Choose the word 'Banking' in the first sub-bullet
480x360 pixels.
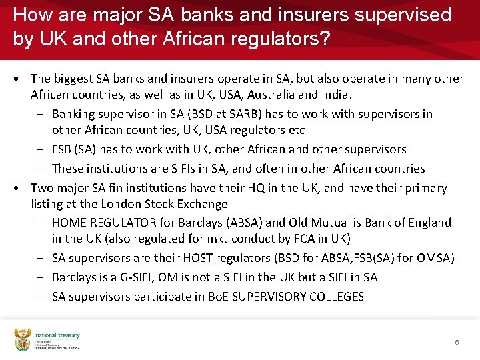(73, 114)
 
